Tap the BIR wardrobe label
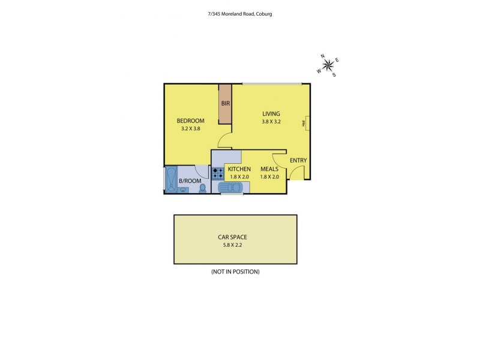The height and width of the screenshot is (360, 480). coord(226,103)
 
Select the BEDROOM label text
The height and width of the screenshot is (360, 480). coord(191,121)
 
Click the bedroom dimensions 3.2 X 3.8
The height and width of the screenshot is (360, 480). coord(191,128)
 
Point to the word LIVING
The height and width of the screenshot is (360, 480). coord(271,113)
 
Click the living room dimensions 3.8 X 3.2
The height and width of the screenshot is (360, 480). coord(271,121)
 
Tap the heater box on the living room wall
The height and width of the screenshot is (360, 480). coord(306,122)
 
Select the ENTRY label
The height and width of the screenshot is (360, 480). coord(298,160)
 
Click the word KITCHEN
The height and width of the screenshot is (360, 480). coord(238,169)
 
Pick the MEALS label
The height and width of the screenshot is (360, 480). coord(268,169)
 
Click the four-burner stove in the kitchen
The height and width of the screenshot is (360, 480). coord(218,173)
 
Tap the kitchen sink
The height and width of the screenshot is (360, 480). coord(232,188)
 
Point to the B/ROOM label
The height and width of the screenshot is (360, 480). coord(190,181)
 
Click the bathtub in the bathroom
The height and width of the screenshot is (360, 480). coord(170,180)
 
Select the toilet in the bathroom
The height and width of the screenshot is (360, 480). coord(202,188)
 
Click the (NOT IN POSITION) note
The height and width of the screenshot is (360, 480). coord(235,272)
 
